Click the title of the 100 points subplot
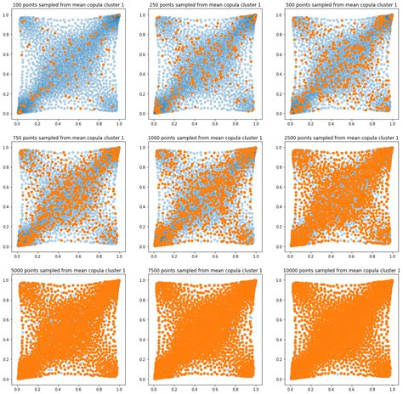coord(67,5)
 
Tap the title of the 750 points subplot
coord(67,139)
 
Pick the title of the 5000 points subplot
coord(67,273)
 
